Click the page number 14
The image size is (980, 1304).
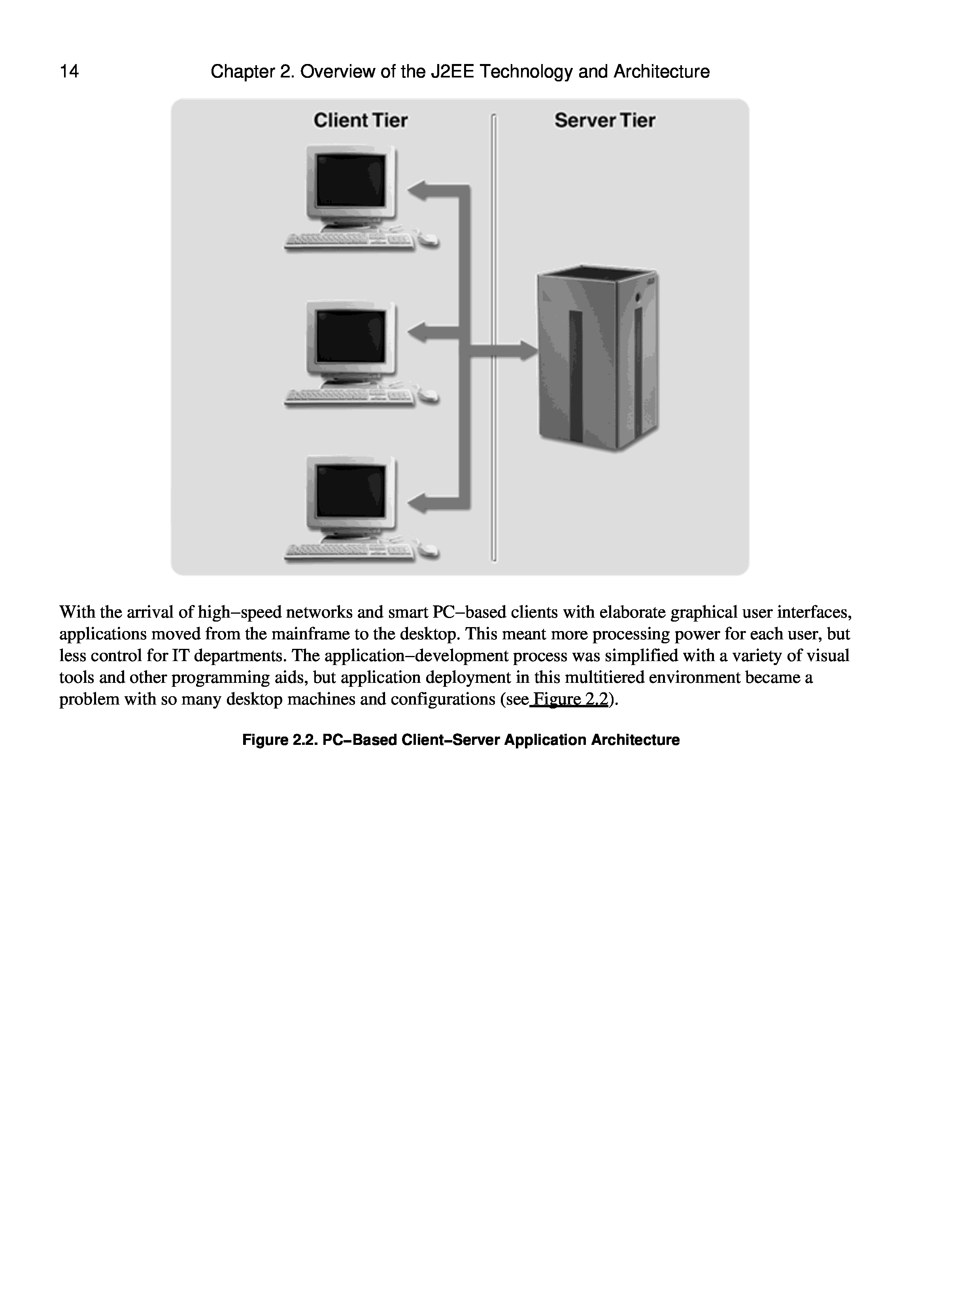coord(69,72)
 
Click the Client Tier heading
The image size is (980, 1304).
coord(360,120)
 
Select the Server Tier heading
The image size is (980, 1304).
coord(604,120)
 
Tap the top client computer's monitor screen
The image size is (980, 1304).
coord(351,181)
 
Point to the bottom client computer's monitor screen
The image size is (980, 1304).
coord(351,490)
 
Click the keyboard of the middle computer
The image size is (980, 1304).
coord(349,398)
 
